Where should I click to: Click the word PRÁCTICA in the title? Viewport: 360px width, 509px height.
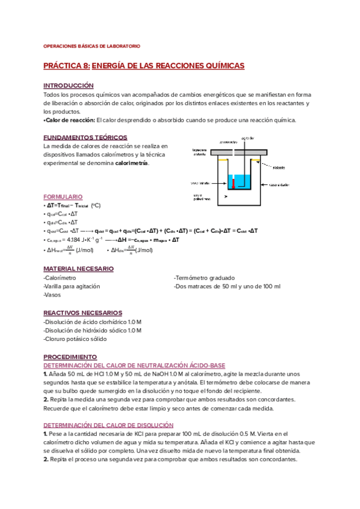(62, 65)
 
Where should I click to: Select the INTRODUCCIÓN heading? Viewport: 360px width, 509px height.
(68, 86)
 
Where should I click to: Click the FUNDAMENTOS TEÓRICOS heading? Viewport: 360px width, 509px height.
(80, 137)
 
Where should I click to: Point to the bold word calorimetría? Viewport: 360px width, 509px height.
(131, 163)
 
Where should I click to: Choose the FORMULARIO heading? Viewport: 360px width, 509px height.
(63, 197)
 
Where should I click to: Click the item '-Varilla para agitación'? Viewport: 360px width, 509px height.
(72, 286)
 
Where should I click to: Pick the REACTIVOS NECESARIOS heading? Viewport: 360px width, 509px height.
(83, 313)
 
